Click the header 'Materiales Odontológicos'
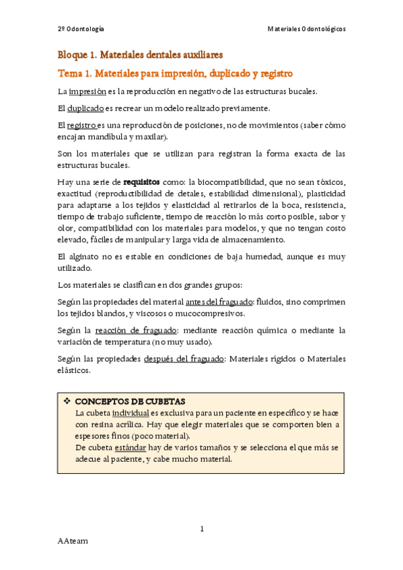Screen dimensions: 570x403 pos(306,29)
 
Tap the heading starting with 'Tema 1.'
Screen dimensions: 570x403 pos(175,73)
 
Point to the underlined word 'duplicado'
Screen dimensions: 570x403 pos(85,108)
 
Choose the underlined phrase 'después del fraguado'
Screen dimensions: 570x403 pos(184,359)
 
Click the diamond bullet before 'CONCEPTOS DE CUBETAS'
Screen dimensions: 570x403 pos(67,401)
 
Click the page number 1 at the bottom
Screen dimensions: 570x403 pos(202,529)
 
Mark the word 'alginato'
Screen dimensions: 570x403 pos(82,257)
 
